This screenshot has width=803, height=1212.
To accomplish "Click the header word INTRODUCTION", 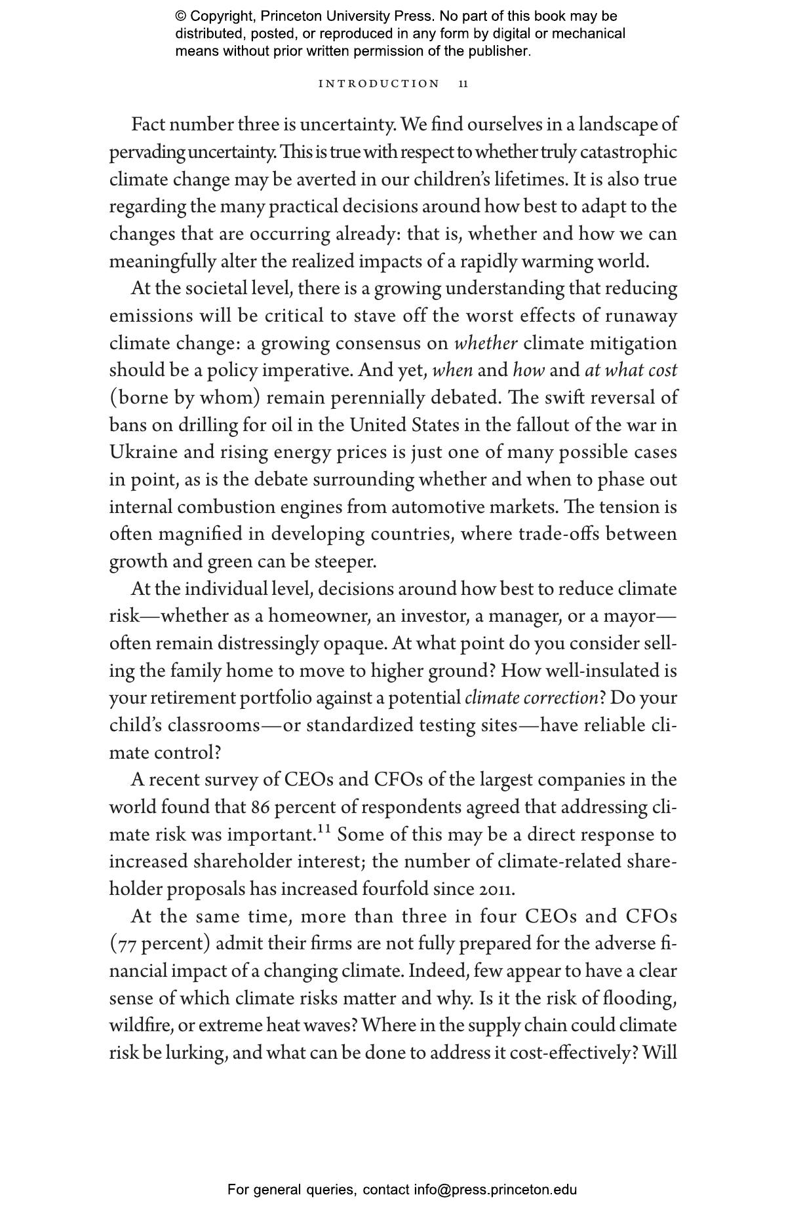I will pyautogui.click(x=379, y=84).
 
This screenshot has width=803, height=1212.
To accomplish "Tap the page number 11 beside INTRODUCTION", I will pyautogui.click(x=463, y=84).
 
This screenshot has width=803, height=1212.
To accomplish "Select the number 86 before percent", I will pyautogui.click(x=260, y=808).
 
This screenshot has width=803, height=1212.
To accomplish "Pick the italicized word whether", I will pyautogui.click(x=486, y=343).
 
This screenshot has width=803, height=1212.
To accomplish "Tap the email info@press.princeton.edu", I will pyautogui.click(x=495, y=1190).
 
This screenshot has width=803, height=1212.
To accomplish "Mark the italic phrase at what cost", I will pyautogui.click(x=631, y=371).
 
